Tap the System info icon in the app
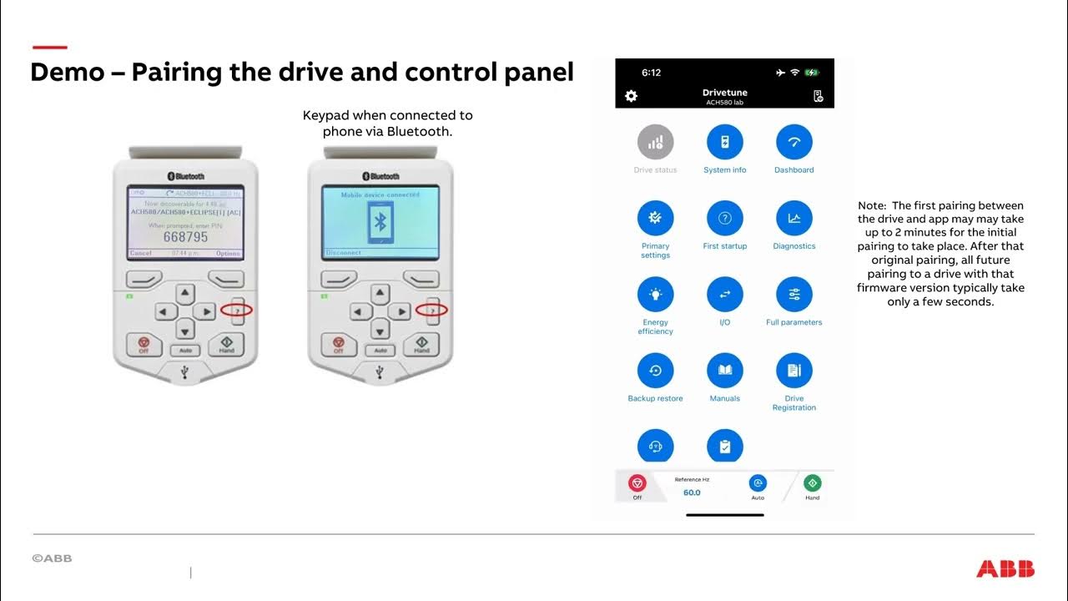[724, 143]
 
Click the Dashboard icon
[793, 143]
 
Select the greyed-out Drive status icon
[655, 143]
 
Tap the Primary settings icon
[655, 219]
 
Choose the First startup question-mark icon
[724, 219]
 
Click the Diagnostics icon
[793, 219]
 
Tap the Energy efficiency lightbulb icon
[655, 295]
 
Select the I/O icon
[724, 295]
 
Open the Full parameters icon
[793, 295]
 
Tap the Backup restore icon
[655, 371]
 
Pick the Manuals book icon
[724, 371]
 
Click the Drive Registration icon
[793, 371]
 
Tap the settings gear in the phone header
[631, 96]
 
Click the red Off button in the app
[637, 483]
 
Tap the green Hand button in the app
[812, 483]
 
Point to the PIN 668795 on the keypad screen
[185, 237]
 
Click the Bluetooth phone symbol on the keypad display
[380, 222]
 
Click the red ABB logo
[1005, 569]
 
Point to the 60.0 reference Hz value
[692, 492]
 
